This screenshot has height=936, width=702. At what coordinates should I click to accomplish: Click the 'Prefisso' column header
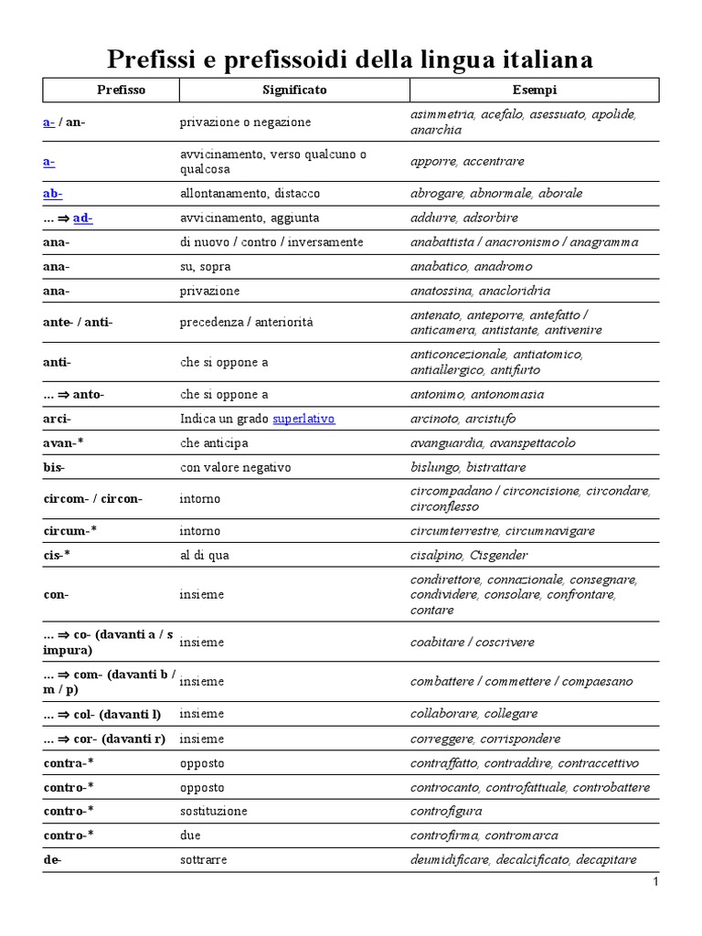(122, 90)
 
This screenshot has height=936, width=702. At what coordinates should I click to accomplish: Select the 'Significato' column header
(294, 90)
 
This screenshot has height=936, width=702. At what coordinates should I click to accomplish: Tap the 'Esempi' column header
(535, 90)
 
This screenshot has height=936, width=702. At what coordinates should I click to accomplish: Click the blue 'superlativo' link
(303, 419)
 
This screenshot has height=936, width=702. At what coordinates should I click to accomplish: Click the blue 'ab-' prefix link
(52, 194)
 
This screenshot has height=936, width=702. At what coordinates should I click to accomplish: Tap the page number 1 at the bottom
(655, 881)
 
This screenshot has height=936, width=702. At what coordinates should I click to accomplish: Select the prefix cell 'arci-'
(57, 419)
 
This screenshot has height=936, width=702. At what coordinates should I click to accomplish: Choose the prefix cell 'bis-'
(54, 467)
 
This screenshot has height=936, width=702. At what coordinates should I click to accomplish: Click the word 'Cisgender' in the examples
(500, 556)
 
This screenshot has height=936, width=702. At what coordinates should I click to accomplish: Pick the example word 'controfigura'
(446, 812)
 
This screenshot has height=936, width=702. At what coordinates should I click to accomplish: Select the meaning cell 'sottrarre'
(204, 860)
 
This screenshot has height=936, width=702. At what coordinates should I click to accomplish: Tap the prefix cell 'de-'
(52, 860)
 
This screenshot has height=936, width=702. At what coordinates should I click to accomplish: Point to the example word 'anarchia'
(436, 130)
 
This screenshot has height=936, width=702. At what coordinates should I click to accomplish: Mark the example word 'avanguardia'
(447, 443)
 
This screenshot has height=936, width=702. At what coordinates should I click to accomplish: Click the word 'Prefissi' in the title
(151, 59)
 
